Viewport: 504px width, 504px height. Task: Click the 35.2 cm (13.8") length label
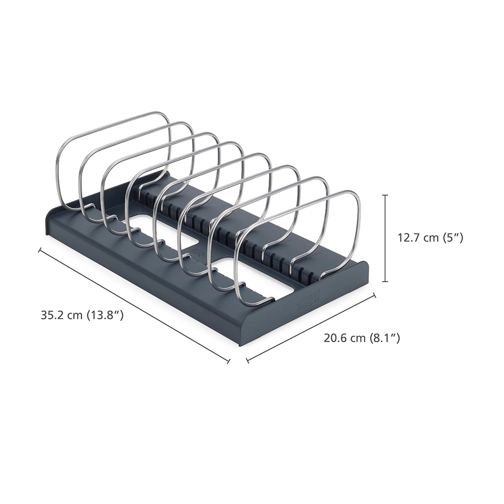[x=82, y=316]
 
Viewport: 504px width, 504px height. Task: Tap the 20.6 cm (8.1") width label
[x=362, y=338]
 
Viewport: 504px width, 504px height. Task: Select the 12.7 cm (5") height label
[x=430, y=238]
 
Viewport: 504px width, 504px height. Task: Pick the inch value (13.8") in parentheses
[x=105, y=316]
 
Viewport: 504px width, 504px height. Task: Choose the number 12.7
[x=409, y=238]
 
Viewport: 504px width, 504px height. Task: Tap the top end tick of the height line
[x=386, y=195]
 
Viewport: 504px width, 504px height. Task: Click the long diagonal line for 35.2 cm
[x=134, y=305]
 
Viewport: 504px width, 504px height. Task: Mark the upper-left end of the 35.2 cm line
[x=39, y=249]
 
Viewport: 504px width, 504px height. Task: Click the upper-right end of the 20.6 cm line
[x=374, y=295]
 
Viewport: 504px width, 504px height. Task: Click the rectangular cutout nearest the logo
[x=252, y=277]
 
